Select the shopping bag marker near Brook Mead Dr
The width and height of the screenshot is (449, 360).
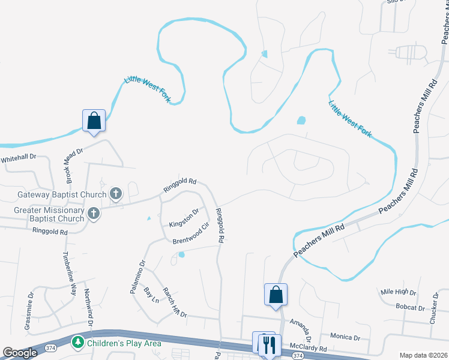coord(94,121)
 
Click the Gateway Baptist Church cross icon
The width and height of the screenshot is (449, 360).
coord(116,194)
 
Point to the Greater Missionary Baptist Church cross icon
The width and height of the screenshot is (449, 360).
coord(94,213)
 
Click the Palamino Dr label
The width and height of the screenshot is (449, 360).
coord(137,275)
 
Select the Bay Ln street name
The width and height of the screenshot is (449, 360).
coord(151,295)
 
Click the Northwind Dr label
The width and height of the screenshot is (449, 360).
coord(88,307)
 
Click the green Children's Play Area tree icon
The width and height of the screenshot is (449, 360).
coord(77,343)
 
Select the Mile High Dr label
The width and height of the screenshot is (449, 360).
coord(398,292)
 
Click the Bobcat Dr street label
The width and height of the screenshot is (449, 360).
coord(410,308)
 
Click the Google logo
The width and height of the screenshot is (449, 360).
coord(20,353)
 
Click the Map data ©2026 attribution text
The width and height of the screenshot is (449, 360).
coord(423,355)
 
